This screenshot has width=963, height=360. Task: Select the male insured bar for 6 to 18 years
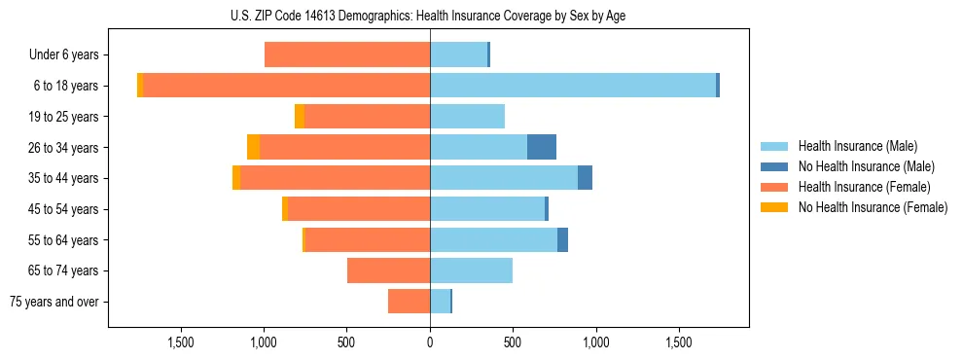click(573, 86)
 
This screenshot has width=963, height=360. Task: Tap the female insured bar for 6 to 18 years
click(287, 86)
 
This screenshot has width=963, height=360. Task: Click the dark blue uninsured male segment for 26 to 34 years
click(542, 147)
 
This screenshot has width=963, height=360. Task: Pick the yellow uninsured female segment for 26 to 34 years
click(254, 147)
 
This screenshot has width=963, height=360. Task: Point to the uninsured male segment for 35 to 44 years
click(585, 178)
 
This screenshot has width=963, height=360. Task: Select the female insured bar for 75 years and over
click(410, 302)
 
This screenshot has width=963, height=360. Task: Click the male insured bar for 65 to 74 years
click(471, 270)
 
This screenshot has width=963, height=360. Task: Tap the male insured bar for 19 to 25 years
click(467, 117)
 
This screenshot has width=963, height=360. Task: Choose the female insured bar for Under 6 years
click(347, 54)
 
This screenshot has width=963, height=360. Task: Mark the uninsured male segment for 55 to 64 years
click(562, 239)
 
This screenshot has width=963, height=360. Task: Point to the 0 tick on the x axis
click(430, 342)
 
